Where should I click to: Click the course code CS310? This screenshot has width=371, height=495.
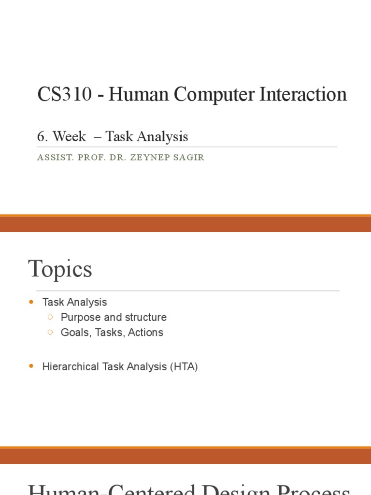(x=64, y=94)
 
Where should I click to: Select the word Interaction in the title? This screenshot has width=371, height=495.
(x=303, y=94)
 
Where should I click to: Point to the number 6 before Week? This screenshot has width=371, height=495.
(x=42, y=137)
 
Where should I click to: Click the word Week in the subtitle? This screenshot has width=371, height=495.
(x=70, y=137)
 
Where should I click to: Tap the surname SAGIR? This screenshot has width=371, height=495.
(x=190, y=158)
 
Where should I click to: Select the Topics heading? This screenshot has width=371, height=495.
(x=60, y=269)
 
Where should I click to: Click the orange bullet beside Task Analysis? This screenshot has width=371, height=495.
(x=32, y=302)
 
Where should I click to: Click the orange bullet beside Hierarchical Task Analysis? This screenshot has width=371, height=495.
(x=32, y=367)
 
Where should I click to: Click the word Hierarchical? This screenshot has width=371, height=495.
(x=71, y=367)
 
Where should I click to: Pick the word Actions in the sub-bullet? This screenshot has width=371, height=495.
(x=145, y=333)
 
